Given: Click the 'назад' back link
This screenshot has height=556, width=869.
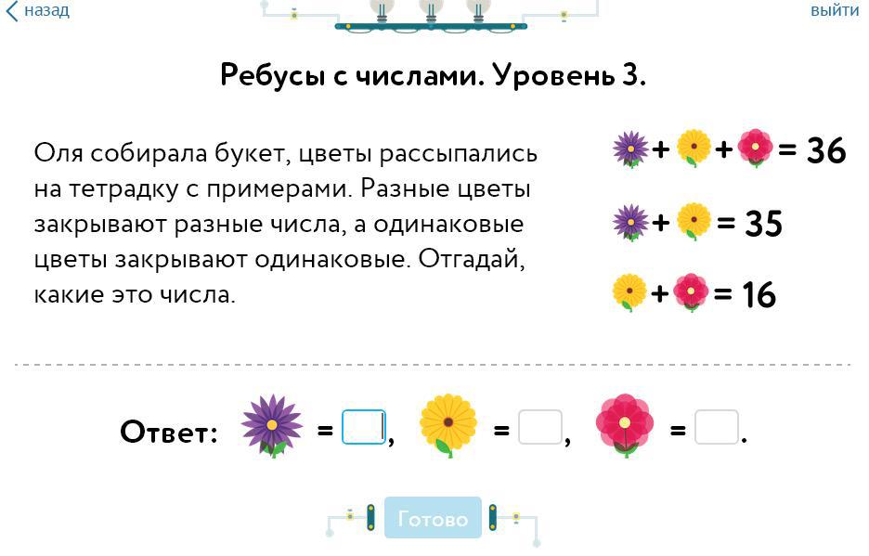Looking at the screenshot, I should point(39,11).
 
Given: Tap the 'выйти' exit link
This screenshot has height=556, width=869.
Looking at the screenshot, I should point(834,11).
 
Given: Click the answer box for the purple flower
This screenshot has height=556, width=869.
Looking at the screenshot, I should point(364,428).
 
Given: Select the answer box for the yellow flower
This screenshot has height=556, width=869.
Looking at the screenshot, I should point(540,428).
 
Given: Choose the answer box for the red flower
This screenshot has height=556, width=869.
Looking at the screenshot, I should point(717,428).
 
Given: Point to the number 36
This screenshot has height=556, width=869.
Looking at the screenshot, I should point(825,150).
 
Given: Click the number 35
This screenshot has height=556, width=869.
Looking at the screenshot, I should point(762,224).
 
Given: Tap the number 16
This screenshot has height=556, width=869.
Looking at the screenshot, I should point(759,295).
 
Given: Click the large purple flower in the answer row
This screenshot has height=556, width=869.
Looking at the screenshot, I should point(272,425).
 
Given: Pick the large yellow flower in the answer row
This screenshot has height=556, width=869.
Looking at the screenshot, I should point(448,425).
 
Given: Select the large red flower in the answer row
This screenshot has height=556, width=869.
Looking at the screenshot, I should point(625,425).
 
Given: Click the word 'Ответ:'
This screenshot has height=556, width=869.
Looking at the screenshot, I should point(169,432).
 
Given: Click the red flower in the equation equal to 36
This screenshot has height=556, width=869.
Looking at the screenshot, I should point(756,148).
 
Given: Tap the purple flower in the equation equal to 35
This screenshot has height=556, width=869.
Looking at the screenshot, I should point(631,222).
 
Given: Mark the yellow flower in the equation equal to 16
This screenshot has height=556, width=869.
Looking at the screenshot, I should point(629,292).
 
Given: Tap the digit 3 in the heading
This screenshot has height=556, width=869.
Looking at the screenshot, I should point(632,75).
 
